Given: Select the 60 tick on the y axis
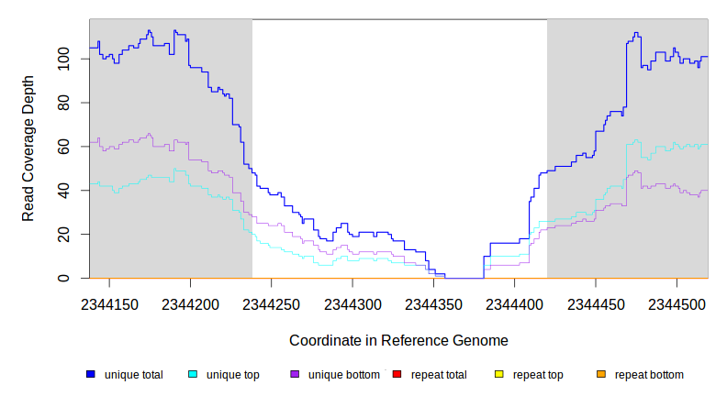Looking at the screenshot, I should click(73, 147).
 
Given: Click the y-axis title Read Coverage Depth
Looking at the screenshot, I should click(28, 149).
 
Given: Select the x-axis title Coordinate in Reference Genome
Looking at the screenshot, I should click(398, 340).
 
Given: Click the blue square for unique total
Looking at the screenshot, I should click(91, 375).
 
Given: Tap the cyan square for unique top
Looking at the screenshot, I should click(193, 375).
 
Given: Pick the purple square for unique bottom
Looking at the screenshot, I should click(295, 375).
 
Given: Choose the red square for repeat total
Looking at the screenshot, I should click(397, 375).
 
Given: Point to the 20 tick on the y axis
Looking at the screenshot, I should click(73, 235).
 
